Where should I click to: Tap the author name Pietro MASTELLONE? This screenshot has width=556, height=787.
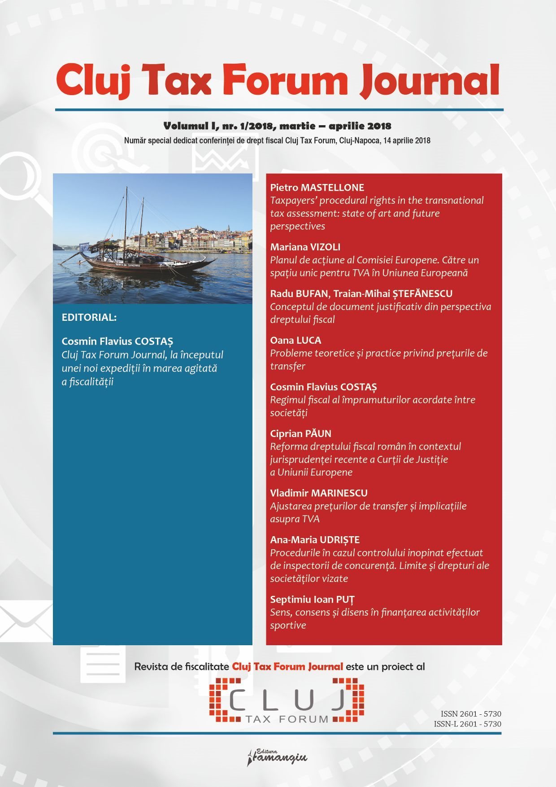[x=317, y=188]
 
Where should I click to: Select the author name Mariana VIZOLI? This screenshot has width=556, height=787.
[x=305, y=247]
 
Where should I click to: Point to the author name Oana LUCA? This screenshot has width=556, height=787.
[x=295, y=340]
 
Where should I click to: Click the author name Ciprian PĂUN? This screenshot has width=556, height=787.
[x=300, y=433]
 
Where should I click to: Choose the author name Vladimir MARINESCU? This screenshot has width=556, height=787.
[x=318, y=493]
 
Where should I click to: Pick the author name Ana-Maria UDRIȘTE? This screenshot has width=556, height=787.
[x=315, y=540]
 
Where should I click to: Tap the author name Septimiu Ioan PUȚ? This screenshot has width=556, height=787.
[x=312, y=599]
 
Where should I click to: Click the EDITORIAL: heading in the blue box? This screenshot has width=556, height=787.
[x=89, y=317]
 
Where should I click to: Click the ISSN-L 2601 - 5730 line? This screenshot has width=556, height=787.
[x=467, y=724]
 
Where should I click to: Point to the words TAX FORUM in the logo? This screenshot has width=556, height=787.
[x=287, y=719]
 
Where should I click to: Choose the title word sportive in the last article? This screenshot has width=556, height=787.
[x=288, y=625]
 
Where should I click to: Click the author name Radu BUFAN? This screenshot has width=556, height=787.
[x=299, y=293]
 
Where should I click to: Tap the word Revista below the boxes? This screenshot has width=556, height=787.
[x=155, y=666]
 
